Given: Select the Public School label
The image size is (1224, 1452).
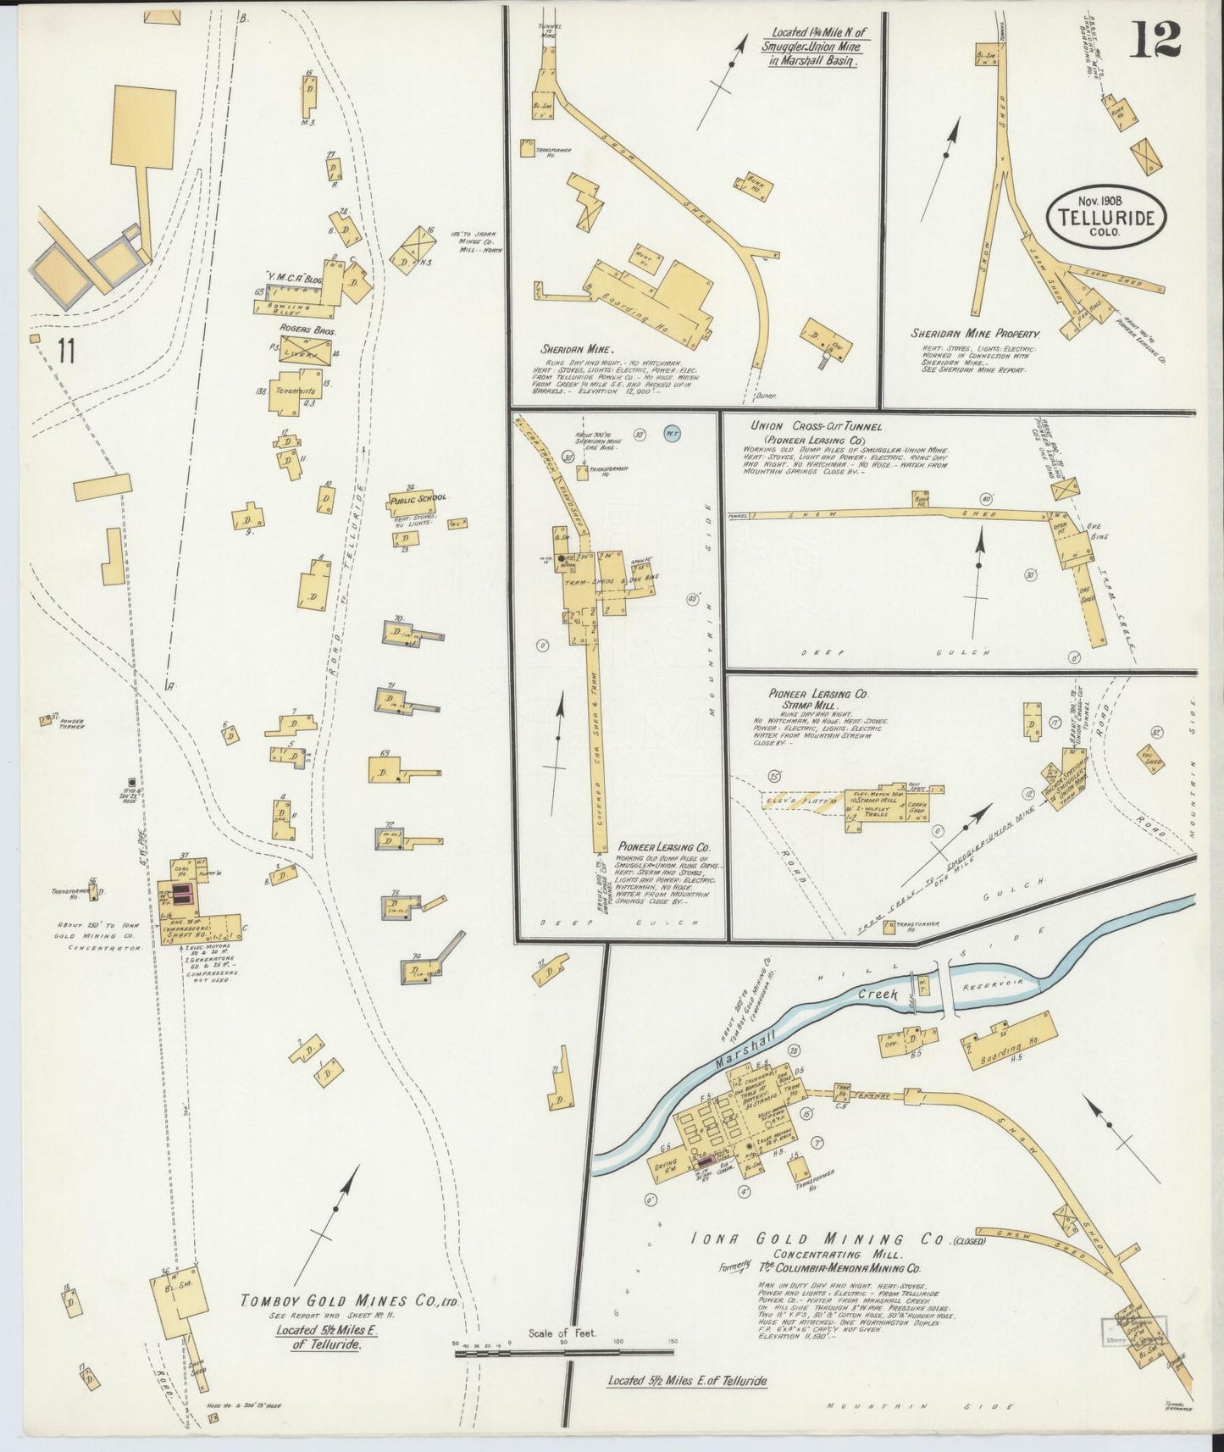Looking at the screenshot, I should [418, 498].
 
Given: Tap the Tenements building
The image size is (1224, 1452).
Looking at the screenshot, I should [293, 391].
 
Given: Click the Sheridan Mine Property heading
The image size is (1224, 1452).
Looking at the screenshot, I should [974, 334].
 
